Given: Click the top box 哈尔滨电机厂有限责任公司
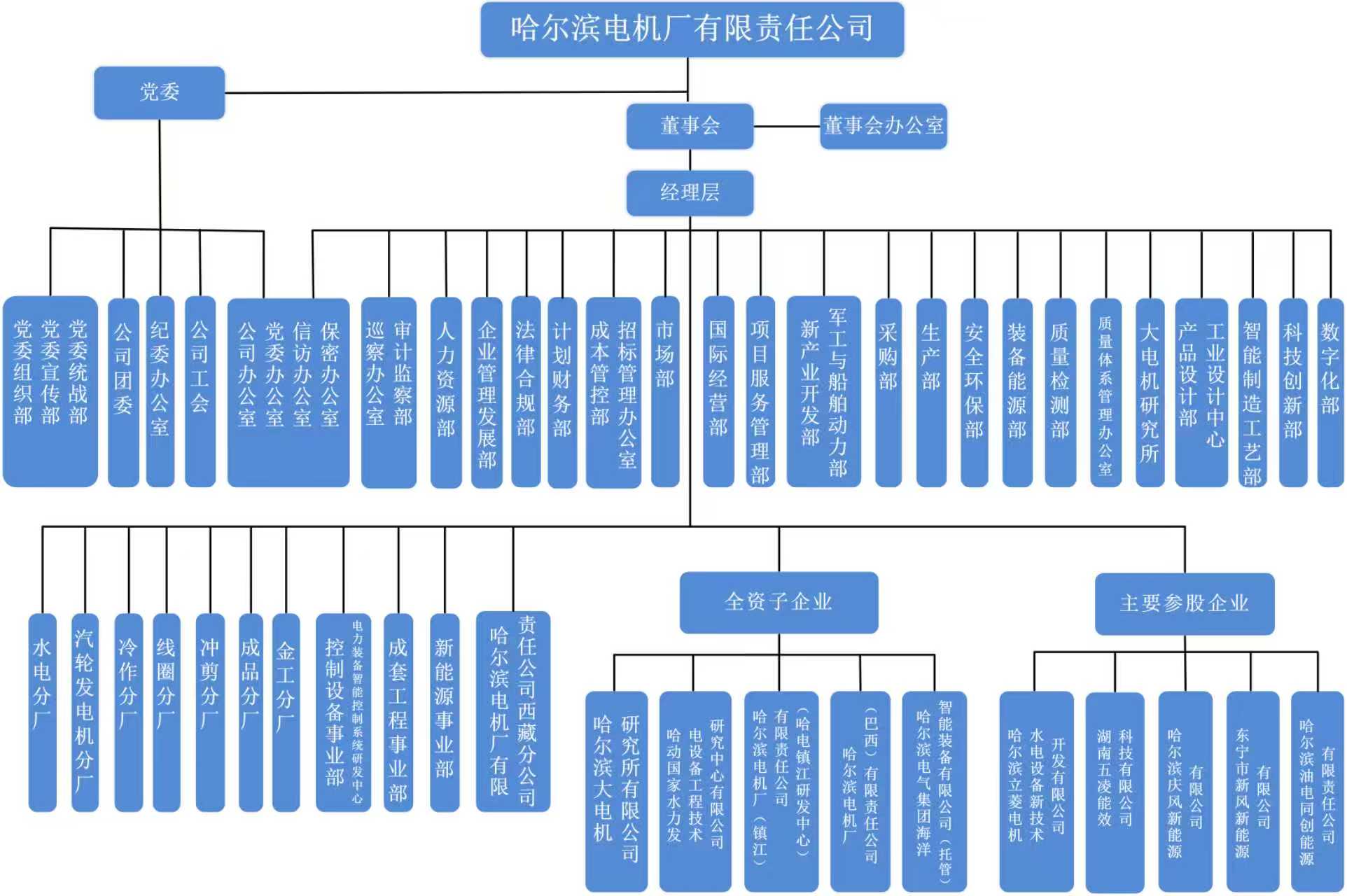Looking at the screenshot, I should [x=692, y=29].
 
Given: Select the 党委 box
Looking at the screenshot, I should [x=160, y=92].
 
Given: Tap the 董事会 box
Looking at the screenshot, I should [x=690, y=126].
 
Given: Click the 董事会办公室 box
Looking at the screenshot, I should [x=883, y=126].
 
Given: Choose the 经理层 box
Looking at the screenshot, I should [x=690, y=192].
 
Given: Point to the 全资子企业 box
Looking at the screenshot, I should [x=779, y=602].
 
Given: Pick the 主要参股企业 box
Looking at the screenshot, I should [x=1184, y=603].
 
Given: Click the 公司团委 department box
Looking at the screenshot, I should [x=123, y=392].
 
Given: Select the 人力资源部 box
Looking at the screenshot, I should [x=446, y=392].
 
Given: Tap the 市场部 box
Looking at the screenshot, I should [x=665, y=392].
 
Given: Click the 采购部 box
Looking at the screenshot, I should [x=888, y=392].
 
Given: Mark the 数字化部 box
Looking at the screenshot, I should [x=1330, y=392].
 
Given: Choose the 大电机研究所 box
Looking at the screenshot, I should [x=1149, y=392].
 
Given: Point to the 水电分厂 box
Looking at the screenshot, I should [x=42, y=713].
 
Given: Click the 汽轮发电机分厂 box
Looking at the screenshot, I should [x=85, y=713].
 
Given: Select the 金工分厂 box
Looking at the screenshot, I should [x=286, y=713].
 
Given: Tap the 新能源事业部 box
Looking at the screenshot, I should [x=445, y=713].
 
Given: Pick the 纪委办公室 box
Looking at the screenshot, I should [x=160, y=392].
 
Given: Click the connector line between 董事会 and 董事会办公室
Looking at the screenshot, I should [x=786, y=127].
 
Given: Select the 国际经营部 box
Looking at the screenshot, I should [x=718, y=392].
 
